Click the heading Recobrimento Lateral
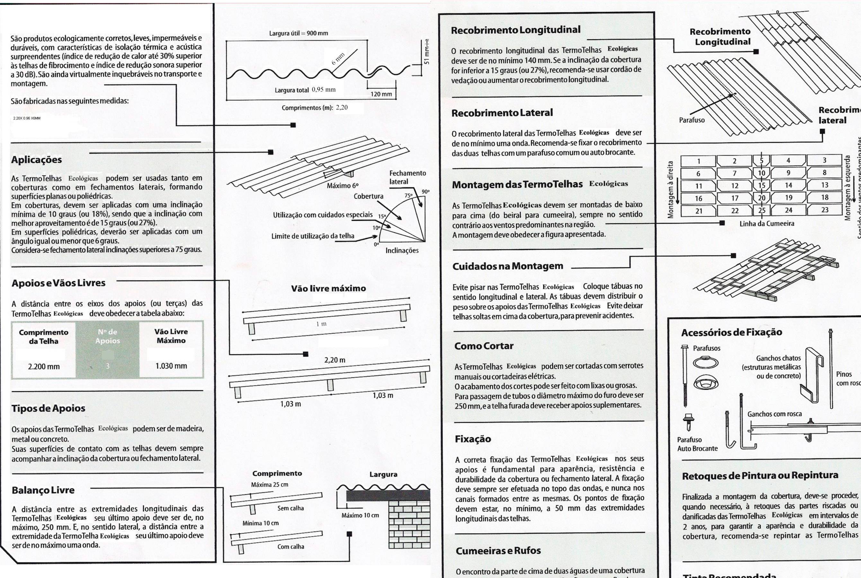pos(502,113)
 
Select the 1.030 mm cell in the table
pos(171,366)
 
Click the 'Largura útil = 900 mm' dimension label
pos(298,33)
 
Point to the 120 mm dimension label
pos(381,94)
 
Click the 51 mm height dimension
pos(427,56)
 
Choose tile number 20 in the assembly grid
pos(761,197)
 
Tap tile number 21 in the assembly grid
pos(698,211)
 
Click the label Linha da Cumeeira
pos(767,224)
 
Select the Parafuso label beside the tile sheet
pos(692,120)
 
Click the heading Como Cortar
pos(484,346)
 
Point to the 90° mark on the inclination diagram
pos(426,192)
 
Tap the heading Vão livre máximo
pos(328,289)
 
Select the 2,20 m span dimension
pos(335,360)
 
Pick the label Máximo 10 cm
pos(360,515)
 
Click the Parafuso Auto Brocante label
pos(697,444)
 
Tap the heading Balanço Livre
pos(43,490)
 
